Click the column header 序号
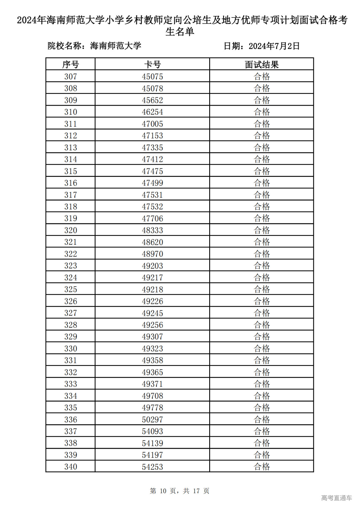[70, 64]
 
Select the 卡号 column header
[152, 64]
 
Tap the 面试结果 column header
[262, 64]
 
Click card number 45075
[152, 76]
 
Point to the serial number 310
[70, 112]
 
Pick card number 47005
[152, 124]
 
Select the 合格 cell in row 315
[262, 171]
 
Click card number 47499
[152, 183]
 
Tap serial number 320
[70, 230]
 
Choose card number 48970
[152, 254]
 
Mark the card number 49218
[152, 289]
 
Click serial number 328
[70, 325]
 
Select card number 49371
[152, 384]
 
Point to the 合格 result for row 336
[262, 419]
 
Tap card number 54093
[152, 431]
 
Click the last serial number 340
[70, 467]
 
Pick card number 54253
[152, 467]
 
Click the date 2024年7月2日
[274, 46]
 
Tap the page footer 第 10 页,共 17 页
[179, 491]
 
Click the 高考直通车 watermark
[336, 498]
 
